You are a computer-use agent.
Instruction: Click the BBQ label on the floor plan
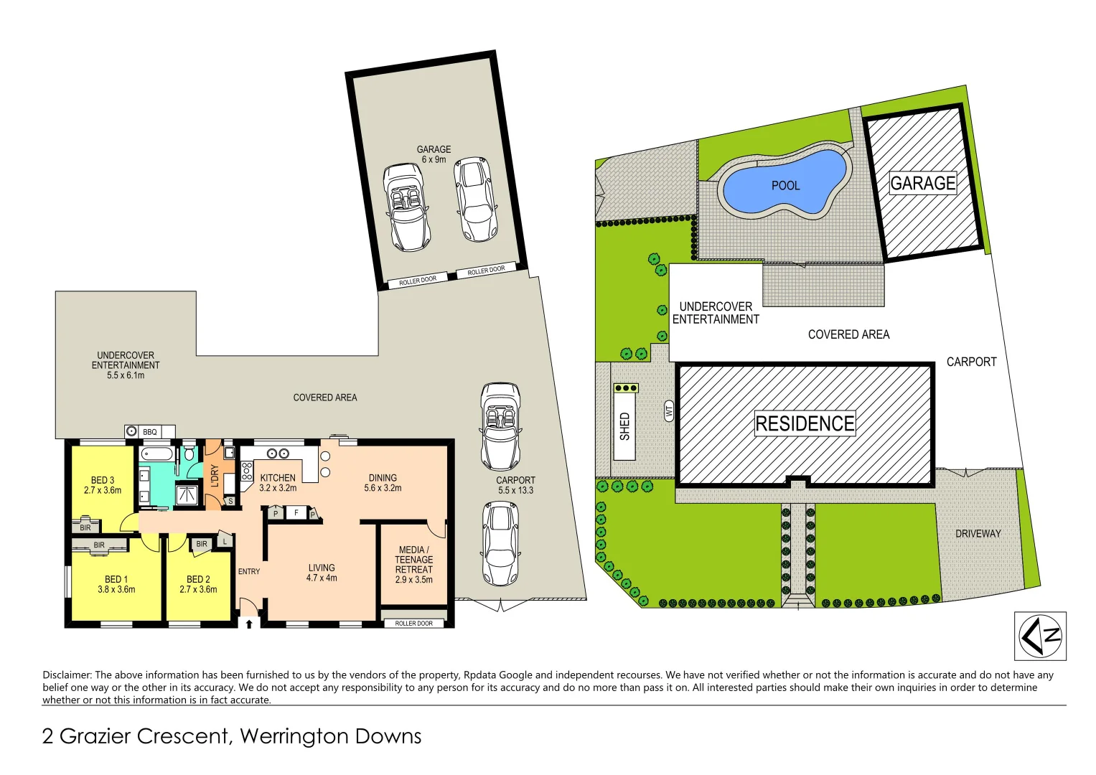tap(149, 432)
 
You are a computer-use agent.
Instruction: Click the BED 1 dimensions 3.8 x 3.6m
tap(116, 590)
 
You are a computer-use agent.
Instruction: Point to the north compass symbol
tap(1040, 636)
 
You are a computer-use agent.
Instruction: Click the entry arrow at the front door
tap(248, 624)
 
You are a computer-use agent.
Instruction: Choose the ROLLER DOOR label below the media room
tap(414, 624)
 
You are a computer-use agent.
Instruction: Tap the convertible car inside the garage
tap(406, 207)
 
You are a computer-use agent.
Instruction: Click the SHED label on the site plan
tap(624, 426)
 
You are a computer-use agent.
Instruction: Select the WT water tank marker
tap(669, 411)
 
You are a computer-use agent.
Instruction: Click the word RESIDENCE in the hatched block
tap(805, 423)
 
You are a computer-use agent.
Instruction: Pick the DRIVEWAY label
tap(978, 533)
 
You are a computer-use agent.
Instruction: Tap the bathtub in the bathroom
tap(156, 454)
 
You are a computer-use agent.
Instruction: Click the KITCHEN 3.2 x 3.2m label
tap(278, 482)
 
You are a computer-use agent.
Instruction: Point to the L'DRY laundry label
tap(215, 476)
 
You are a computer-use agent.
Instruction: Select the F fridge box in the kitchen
tap(296, 513)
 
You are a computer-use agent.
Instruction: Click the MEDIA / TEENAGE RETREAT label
tap(413, 564)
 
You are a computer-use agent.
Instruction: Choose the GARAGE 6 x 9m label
tap(434, 154)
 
